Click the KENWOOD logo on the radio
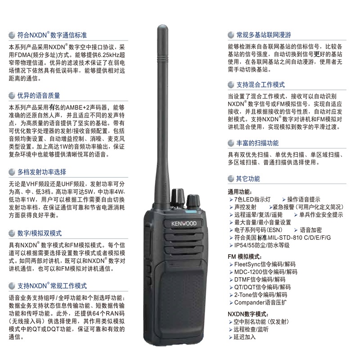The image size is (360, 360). [184, 223]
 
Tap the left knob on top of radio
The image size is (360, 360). [178, 197]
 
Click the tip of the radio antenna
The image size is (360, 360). [162, 26]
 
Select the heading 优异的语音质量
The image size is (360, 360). [39, 95]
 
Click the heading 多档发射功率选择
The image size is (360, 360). [42, 172]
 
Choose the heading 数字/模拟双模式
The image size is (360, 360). [40, 233]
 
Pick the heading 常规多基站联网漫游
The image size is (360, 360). [264, 35]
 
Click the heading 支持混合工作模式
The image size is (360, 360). [261, 85]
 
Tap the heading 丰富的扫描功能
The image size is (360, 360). [257, 143]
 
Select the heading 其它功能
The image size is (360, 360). [248, 179]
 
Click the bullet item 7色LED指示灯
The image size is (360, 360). [252, 199]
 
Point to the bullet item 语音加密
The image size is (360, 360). [310, 230]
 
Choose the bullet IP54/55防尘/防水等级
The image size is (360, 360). [262, 245]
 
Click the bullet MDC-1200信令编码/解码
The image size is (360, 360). [265, 272]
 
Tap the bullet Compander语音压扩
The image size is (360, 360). [261, 302]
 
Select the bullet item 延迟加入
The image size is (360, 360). [244, 337]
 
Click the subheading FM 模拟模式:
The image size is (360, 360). [245, 257]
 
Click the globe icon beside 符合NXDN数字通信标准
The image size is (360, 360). [12, 36]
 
